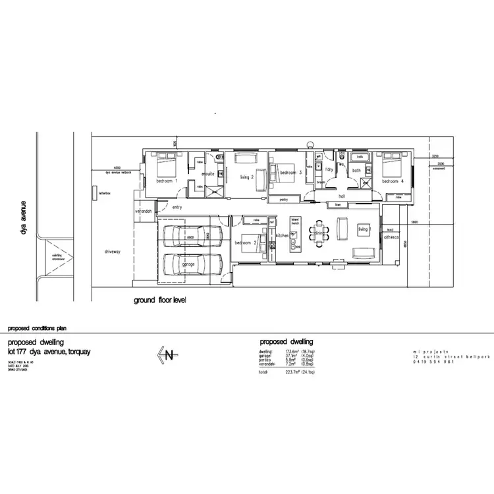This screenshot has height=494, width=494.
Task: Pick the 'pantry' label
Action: tap(285, 198)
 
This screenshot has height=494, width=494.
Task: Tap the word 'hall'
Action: tap(342, 196)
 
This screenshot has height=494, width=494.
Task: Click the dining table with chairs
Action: tap(319, 233)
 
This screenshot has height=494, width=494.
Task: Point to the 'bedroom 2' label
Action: tap(246, 242)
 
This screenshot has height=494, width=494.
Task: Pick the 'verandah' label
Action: tap(144, 211)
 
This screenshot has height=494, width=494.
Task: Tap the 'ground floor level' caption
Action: tap(160, 300)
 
